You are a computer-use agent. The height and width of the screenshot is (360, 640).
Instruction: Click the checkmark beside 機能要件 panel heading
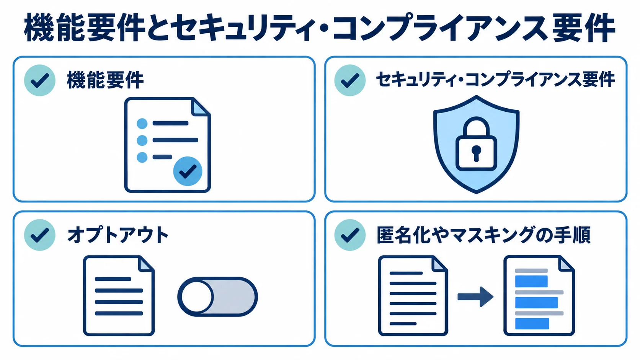[x=40, y=80]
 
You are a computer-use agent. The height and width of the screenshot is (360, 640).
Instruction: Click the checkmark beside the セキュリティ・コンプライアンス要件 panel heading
[x=350, y=80]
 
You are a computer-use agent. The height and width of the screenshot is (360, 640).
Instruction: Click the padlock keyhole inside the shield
[x=476, y=153]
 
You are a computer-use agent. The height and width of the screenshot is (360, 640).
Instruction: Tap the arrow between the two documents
[x=475, y=296]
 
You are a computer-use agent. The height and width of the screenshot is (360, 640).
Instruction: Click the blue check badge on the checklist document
[x=188, y=171]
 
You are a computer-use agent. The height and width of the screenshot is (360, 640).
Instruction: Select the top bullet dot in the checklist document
[x=142, y=124]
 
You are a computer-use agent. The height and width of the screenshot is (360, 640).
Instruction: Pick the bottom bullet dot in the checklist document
[x=142, y=157]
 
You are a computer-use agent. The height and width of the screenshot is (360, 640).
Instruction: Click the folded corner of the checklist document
[x=200, y=107]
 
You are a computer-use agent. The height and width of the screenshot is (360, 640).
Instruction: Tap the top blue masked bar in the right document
[x=531, y=282]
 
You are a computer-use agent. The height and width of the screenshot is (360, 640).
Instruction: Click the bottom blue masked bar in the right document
[x=532, y=324]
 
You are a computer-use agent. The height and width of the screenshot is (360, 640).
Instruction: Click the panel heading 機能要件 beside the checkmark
[x=105, y=80]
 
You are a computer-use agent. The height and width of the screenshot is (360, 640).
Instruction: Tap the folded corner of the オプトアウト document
[x=146, y=264]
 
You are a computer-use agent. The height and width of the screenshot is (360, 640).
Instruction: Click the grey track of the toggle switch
[x=234, y=296]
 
